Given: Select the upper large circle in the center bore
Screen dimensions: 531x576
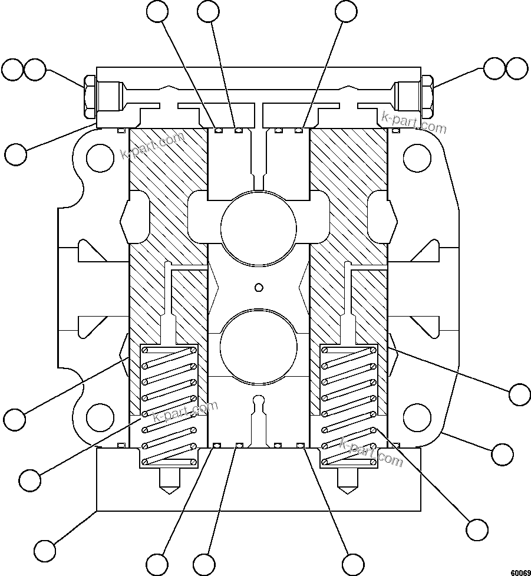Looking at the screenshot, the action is click(258, 226).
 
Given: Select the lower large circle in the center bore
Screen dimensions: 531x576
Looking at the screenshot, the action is click(258, 345).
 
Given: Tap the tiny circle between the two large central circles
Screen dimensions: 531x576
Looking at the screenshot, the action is click(258, 287).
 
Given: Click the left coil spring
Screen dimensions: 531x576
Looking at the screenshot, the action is click(169, 406).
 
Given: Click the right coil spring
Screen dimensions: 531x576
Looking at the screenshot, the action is click(348, 406).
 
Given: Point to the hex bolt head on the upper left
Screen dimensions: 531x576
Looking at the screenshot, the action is click(90, 96).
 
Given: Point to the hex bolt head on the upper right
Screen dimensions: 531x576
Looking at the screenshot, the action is click(428, 96).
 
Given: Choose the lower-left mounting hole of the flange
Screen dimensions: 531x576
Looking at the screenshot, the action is click(100, 417).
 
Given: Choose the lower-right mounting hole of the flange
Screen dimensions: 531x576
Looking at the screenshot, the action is click(416, 417).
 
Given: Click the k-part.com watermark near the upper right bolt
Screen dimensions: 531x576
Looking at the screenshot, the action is click(414, 121).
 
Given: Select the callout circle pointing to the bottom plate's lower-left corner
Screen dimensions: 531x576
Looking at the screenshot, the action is click(45, 550).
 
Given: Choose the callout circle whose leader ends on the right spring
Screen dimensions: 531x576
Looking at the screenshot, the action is click(476, 528).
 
